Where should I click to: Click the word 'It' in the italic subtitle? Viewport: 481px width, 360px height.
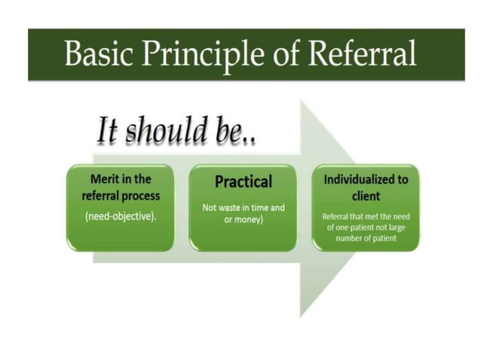tap(109, 131)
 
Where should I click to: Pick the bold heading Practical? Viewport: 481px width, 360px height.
tap(243, 182)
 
